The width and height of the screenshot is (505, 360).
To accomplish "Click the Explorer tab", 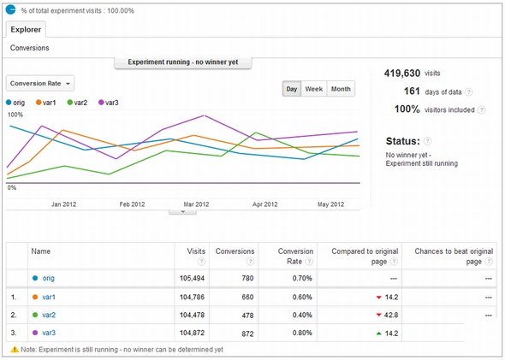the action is pyautogui.click(x=26, y=30).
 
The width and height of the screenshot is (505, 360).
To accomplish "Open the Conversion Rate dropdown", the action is pyautogui.click(x=40, y=83).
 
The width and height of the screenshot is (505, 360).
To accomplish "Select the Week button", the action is pyautogui.click(x=313, y=89).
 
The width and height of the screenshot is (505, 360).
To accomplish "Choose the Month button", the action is pyautogui.click(x=341, y=89).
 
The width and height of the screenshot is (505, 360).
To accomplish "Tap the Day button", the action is pyautogui.click(x=292, y=89).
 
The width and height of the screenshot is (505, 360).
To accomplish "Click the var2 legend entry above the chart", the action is pyautogui.click(x=77, y=103).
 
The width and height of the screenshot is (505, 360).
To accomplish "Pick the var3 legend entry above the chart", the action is pyautogui.click(x=108, y=103).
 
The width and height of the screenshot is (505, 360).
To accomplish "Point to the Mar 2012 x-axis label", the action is pyautogui.click(x=196, y=204).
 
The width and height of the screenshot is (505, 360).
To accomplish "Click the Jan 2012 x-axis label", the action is pyautogui.click(x=64, y=204).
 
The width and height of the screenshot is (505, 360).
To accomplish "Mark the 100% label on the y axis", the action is pyautogui.click(x=15, y=115).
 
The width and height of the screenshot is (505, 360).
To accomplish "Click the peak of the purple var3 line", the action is pyautogui.click(x=204, y=115).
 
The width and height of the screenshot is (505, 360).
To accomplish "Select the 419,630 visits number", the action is pyautogui.click(x=402, y=74).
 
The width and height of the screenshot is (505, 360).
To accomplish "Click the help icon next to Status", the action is pyautogui.click(x=427, y=141).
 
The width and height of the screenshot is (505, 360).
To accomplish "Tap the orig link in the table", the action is pyautogui.click(x=48, y=278).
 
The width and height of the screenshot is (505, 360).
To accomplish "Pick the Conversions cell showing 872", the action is pyautogui.click(x=247, y=333).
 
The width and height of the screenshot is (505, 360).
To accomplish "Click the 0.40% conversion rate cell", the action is pyautogui.click(x=302, y=315).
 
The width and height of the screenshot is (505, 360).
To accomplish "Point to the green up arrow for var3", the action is pyautogui.click(x=378, y=333).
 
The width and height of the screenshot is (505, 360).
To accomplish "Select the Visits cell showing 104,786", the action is pyautogui.click(x=192, y=297).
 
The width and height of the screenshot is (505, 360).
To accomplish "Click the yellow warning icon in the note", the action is pyautogui.click(x=15, y=350).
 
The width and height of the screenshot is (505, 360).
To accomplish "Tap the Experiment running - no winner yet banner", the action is pyautogui.click(x=183, y=62).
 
